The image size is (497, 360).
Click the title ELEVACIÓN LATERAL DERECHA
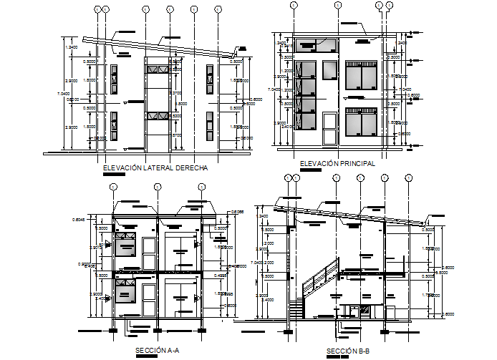click(155, 167)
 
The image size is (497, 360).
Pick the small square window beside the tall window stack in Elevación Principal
click(329, 70)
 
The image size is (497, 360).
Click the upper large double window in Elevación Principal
click(362, 76)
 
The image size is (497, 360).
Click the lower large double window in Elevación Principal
click(362, 120)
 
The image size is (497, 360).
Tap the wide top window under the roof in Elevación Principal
click(317, 44)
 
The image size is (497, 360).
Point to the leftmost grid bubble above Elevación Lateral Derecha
click(97, 9)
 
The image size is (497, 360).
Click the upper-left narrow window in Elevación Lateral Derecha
click(113, 78)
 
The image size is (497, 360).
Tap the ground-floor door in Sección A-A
click(149, 300)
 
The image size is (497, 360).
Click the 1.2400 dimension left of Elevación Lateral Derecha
click(72, 47)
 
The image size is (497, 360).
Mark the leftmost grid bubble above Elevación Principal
click(294, 5)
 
